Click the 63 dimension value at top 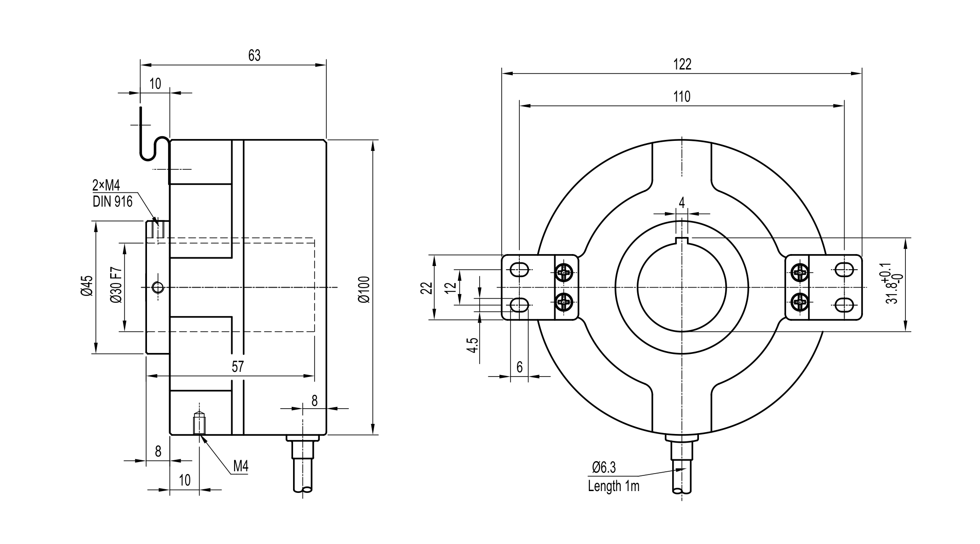point(254,56)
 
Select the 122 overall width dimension point(682,64)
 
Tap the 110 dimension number point(682,97)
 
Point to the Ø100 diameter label point(364,289)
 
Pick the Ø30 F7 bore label point(116,285)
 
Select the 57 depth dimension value point(238,367)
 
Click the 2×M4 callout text point(106,186)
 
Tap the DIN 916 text point(112,202)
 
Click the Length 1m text point(613,486)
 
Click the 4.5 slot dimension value point(473,345)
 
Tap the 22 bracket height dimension point(427,288)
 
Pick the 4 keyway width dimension point(681,203)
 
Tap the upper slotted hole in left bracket point(520,269)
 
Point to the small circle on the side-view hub point(158,288)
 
